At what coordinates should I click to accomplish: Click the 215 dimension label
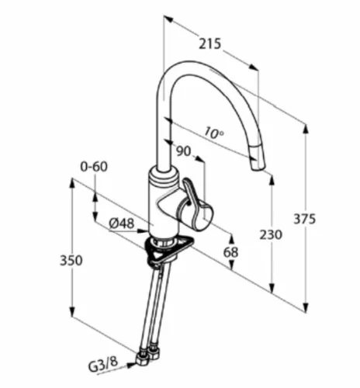click(x=210, y=43)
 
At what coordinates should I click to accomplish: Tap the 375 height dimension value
click(x=305, y=220)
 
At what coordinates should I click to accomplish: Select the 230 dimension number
click(x=271, y=235)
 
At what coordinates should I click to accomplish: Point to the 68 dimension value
click(x=230, y=252)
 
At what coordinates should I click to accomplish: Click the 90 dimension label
click(x=183, y=151)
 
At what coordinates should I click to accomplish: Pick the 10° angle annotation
click(x=213, y=132)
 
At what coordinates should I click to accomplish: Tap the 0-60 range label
click(x=94, y=167)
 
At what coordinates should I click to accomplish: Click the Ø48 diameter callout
click(x=122, y=223)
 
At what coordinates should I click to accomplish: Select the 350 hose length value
click(x=71, y=260)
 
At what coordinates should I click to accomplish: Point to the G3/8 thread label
click(x=103, y=365)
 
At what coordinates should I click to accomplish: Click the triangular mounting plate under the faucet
click(x=168, y=248)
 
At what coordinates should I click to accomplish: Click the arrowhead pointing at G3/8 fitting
click(x=131, y=365)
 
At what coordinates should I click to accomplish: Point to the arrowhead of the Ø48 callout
click(x=144, y=230)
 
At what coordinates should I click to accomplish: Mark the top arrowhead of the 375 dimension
click(x=306, y=130)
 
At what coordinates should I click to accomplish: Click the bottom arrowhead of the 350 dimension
click(x=72, y=312)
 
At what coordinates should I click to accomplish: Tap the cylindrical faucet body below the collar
click(x=164, y=207)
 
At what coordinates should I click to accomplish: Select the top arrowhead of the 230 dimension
click(x=272, y=181)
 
